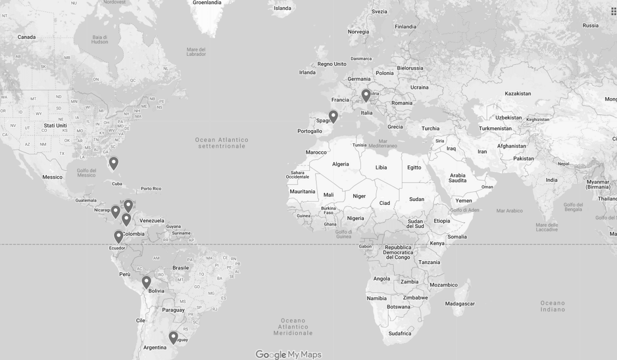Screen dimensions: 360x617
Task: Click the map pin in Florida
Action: (x=113, y=163)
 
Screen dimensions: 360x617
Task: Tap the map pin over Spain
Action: (x=333, y=116)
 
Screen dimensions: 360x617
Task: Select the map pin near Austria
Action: (x=366, y=95)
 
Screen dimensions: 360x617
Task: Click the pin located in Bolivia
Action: (x=146, y=281)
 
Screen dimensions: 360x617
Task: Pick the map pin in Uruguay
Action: (x=173, y=337)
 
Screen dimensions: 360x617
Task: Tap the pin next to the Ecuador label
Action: (x=119, y=236)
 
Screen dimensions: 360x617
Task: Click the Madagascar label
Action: (x=459, y=304)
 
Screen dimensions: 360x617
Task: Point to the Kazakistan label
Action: (x=518, y=93)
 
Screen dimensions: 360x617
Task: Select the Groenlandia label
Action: (x=207, y=2)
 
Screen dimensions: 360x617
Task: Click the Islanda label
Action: (x=282, y=8)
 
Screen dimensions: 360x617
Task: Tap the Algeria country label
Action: (x=340, y=164)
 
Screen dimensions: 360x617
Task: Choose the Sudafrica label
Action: (x=400, y=333)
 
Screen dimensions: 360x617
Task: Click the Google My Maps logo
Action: (x=288, y=355)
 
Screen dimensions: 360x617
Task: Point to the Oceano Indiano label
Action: (x=552, y=306)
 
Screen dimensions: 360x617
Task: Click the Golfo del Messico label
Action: (x=86, y=173)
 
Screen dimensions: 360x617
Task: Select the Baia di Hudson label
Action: (x=99, y=40)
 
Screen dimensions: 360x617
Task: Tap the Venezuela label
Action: (x=152, y=221)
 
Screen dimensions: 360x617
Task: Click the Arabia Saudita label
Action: (x=457, y=178)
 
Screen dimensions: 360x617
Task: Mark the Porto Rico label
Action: (x=151, y=188)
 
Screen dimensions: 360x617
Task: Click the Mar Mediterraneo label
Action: (x=381, y=146)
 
